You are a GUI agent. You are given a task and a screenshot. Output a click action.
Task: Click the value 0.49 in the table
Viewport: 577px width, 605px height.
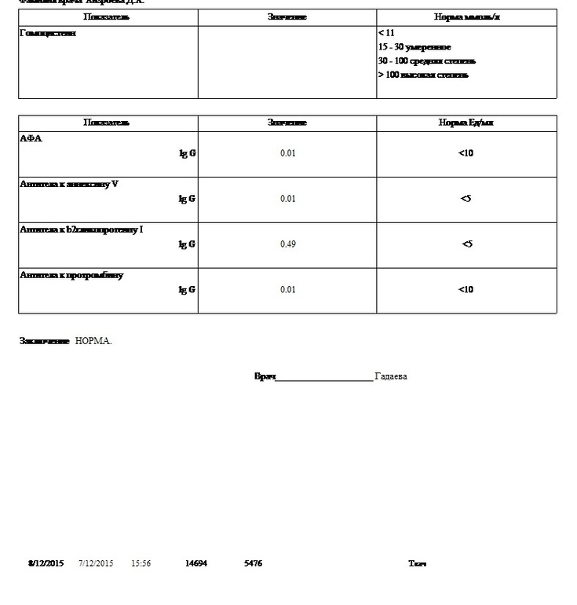(287, 244)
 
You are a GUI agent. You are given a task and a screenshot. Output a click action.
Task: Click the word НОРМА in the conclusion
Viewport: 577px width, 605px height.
(93, 341)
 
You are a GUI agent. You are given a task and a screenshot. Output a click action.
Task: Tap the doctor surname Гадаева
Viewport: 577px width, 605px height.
(391, 376)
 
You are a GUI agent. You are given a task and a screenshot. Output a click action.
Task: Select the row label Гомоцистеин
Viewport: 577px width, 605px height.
(48, 34)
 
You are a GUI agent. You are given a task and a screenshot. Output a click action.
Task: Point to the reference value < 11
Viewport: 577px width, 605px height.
(386, 34)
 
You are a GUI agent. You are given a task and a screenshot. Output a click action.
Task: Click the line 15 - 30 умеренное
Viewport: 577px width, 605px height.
(414, 48)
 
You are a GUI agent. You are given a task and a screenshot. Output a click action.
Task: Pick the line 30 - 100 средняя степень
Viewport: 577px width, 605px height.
(426, 61)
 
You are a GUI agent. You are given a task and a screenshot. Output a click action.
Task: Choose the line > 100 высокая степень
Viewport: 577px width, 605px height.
(423, 75)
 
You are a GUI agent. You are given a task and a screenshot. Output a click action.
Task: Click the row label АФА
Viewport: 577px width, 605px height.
(31, 138)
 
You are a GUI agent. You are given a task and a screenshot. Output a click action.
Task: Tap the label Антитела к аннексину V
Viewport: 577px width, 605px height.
(69, 184)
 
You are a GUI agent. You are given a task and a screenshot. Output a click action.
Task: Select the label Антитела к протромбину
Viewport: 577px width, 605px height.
(71, 275)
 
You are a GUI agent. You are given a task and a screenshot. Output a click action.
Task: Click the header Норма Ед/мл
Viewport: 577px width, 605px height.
(466, 123)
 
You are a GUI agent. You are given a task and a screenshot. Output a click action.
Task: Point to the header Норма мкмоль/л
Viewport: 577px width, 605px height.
(466, 17)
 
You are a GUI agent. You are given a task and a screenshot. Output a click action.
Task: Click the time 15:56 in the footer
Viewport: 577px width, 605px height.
(141, 563)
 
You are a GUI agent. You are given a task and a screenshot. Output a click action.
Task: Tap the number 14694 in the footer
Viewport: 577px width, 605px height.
(196, 563)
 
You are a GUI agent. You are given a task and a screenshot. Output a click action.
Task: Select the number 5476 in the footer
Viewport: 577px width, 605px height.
(254, 563)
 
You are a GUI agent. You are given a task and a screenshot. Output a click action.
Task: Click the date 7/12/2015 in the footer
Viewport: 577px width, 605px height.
(96, 563)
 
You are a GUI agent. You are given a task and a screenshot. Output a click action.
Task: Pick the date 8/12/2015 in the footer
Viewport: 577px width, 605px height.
(46, 563)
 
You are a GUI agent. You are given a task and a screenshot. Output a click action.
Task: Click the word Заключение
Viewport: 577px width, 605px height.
(45, 341)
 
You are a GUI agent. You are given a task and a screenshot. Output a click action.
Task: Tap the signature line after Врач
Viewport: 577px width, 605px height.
(324, 378)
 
